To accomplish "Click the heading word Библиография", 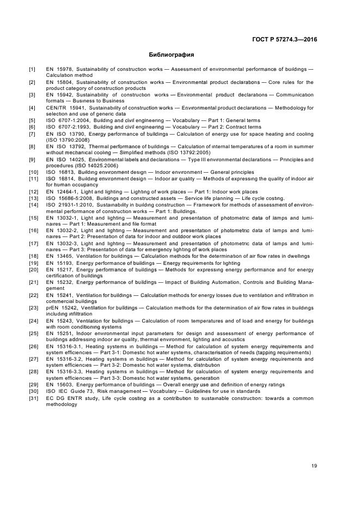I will click(172, 55).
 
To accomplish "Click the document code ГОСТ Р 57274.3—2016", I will click(284, 40).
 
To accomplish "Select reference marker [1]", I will click(32, 69).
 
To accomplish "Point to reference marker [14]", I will click(33, 204).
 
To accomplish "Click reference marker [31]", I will click(33, 397).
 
